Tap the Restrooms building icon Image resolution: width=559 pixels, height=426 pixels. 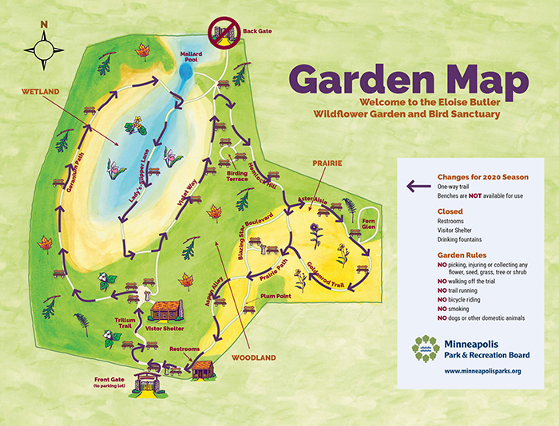coord(203,369)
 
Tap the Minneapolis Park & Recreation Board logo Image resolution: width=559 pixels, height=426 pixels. coord(426,348)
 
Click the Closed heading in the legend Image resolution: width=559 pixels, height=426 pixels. coord(449,211)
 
